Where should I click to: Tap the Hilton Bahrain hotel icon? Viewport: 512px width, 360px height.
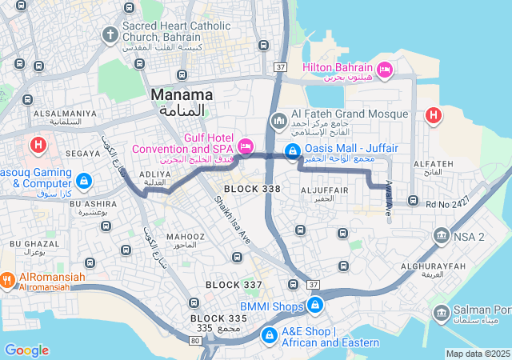(384, 70)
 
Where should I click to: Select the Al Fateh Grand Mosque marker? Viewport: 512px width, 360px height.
(279, 121)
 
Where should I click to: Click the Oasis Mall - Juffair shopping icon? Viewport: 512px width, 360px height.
(294, 151)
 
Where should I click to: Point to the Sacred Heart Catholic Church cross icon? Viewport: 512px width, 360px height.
(110, 34)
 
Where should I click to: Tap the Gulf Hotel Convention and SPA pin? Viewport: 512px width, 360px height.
(245, 146)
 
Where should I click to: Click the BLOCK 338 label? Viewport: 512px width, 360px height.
(252, 189)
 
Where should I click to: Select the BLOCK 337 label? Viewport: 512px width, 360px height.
(234, 285)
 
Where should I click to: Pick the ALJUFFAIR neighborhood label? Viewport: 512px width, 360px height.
(323, 190)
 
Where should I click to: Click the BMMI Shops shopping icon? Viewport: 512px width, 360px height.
(316, 305)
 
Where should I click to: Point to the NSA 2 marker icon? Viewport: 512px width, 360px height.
(441, 236)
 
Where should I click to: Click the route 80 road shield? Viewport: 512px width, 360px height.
(194, 340)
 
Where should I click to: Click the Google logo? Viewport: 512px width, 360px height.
(26, 350)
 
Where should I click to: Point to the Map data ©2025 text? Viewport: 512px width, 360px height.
(478, 354)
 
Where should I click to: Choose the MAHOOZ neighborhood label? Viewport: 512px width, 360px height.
(186, 237)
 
